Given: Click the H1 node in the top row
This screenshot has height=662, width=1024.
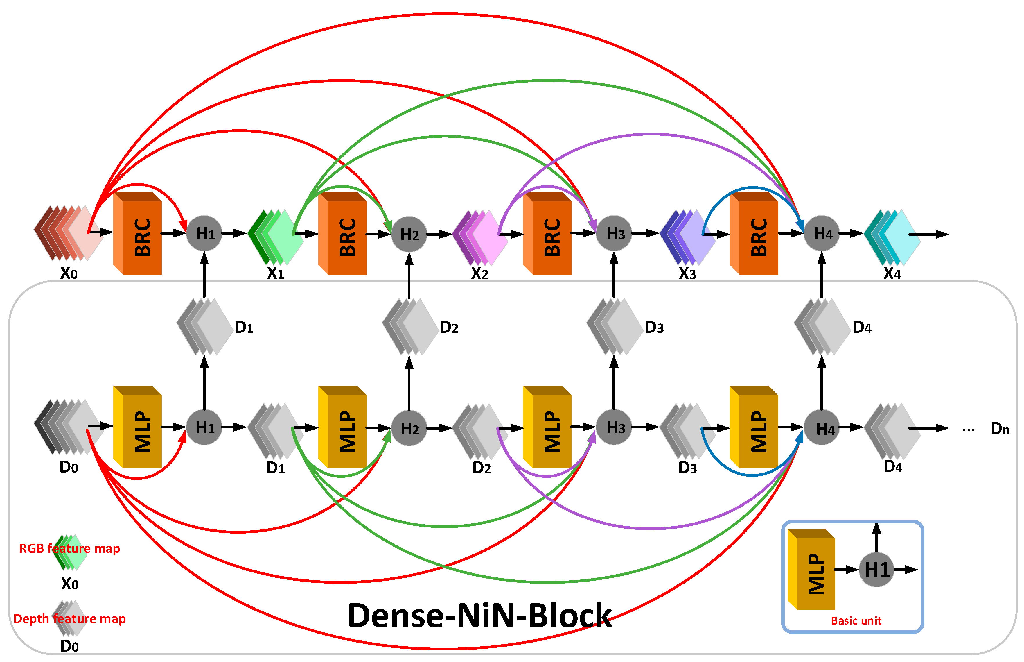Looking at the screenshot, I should point(204,233).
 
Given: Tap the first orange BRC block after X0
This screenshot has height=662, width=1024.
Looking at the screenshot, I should point(137,233).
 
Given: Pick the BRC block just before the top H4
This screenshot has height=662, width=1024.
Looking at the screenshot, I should point(754,233).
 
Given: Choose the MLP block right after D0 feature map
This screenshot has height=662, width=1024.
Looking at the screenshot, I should point(137,427).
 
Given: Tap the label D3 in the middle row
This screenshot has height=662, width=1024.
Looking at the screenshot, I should point(654,328).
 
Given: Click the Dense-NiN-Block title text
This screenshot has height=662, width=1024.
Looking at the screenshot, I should point(479,616).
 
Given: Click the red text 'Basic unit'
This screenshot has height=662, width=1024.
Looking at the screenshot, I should point(856,621).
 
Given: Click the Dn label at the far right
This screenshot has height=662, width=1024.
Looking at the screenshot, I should point(1000,429).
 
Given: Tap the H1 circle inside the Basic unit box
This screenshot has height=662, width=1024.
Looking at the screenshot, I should point(876,570).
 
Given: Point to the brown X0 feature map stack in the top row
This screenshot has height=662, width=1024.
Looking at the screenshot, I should point(69,233).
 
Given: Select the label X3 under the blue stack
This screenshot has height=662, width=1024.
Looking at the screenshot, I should point(687,273).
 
